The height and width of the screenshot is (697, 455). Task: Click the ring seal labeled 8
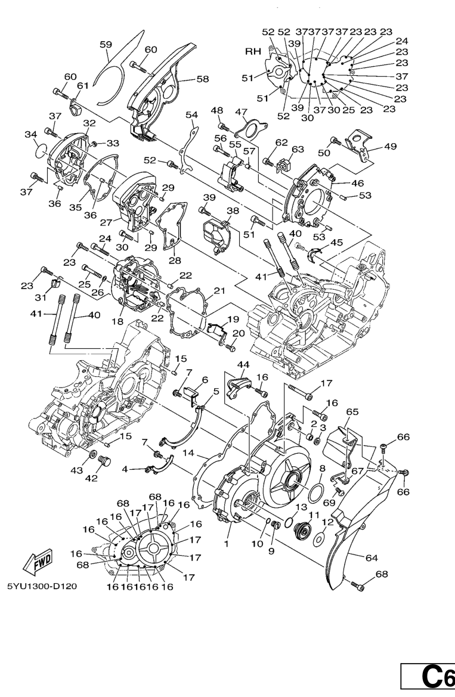pyautogui.click(x=318, y=493)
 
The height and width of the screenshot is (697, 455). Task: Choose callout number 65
pyautogui.click(x=352, y=412)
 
